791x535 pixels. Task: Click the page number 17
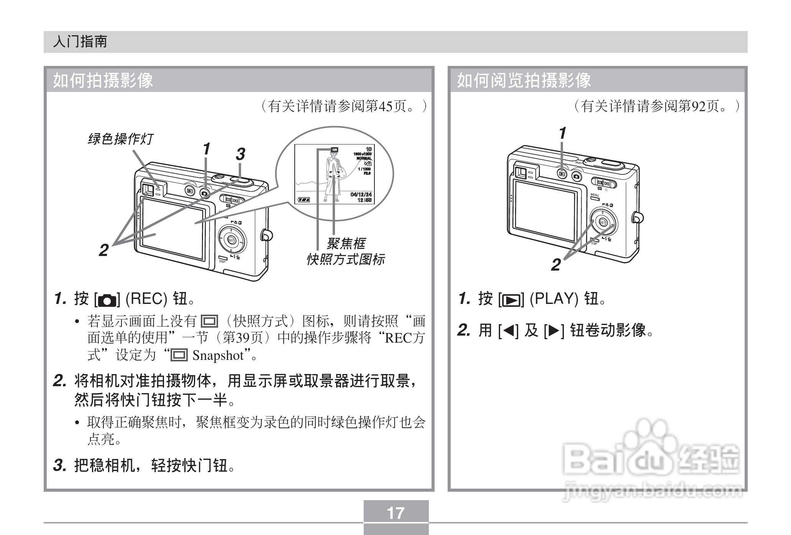click(395, 513)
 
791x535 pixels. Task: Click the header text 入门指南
click(80, 42)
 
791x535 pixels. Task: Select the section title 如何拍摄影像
click(103, 80)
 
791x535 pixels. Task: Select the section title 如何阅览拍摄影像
click(524, 80)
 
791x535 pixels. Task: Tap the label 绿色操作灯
click(120, 139)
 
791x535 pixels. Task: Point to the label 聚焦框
click(346, 243)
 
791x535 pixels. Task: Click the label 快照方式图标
click(345, 259)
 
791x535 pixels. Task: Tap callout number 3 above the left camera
click(240, 154)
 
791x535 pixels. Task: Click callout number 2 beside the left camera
click(103, 250)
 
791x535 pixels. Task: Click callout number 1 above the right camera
click(562, 133)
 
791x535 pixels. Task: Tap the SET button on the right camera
click(602, 223)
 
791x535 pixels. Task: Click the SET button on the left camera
click(231, 240)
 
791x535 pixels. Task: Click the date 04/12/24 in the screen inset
click(361, 195)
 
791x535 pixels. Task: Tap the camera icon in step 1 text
click(107, 300)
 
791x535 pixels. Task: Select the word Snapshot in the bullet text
click(218, 355)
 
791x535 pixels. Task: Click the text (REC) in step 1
click(146, 299)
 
